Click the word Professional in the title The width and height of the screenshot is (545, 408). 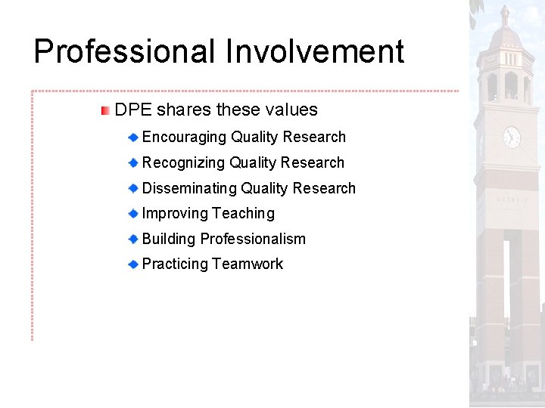tap(124, 52)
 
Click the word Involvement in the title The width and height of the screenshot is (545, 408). tap(314, 52)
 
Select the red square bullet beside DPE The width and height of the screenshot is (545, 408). tap(105, 110)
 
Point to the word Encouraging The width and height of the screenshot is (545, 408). tap(184, 138)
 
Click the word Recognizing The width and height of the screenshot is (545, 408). tap(183, 163)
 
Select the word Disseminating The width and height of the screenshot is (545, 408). tap(189, 189)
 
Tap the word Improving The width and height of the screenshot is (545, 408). tap(175, 214)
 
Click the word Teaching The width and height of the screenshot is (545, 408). tap(243, 214)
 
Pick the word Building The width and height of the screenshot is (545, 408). tap(169, 240)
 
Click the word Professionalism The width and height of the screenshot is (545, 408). tap(253, 240)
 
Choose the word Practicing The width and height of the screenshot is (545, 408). tap(175, 264)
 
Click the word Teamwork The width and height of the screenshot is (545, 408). tap(248, 264)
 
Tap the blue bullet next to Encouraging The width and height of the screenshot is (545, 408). tap(132, 138)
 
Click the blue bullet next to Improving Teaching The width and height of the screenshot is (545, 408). tap(132, 214)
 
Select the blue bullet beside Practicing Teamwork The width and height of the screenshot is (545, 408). tap(132, 264)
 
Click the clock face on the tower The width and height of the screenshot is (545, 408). tap(512, 137)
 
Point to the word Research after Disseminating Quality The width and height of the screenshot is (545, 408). tap(324, 189)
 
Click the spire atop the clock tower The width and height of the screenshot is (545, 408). tap(505, 14)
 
